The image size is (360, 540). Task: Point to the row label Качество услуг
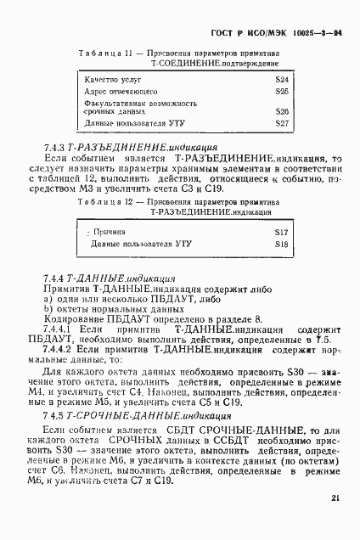tap(111, 79)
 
